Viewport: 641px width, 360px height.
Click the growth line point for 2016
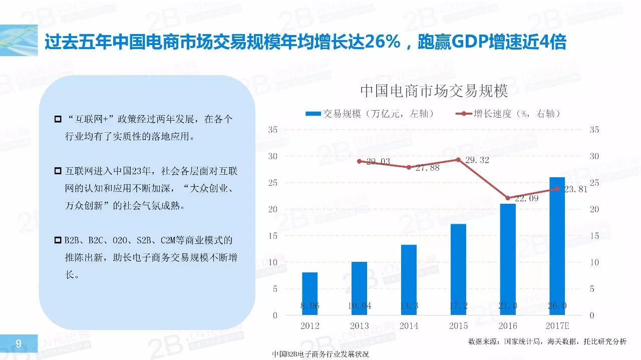pos(508,198)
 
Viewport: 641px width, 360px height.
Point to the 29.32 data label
pos(476,160)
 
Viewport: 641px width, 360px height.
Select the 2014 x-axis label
pos(409,326)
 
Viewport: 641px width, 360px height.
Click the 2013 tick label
pos(359,326)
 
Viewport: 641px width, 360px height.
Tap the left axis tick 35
pos(273,130)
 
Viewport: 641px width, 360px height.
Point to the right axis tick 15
pos(594,236)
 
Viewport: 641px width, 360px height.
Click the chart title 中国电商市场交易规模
pos(434,91)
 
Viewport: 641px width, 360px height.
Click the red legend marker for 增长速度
pos(464,114)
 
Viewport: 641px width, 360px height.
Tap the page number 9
pos(19,343)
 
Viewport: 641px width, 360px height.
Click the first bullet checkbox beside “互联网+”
pos(58,120)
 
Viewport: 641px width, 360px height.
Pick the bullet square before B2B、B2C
pos(58,241)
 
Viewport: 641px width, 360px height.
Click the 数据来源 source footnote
pos(547,341)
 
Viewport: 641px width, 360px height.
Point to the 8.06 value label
pos(309,305)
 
